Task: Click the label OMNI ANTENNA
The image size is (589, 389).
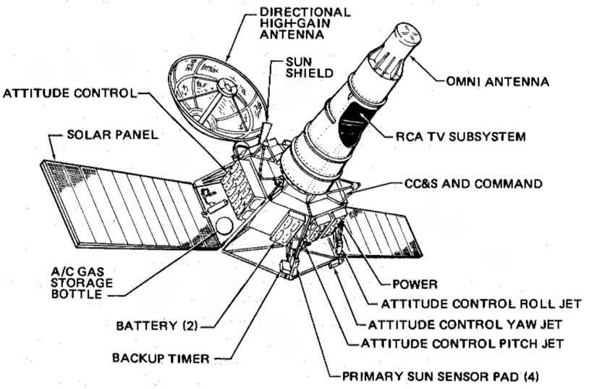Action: tap(497, 83)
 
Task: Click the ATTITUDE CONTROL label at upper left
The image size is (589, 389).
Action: tap(69, 93)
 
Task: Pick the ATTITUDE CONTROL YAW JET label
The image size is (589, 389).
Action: tap(465, 324)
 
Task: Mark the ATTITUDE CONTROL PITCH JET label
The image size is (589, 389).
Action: tap(462, 343)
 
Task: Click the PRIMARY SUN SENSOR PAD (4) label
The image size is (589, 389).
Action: tap(441, 377)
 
